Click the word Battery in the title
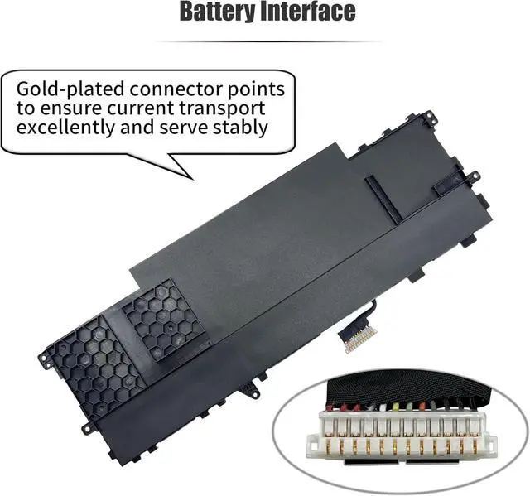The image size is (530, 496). click(x=219, y=12)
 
